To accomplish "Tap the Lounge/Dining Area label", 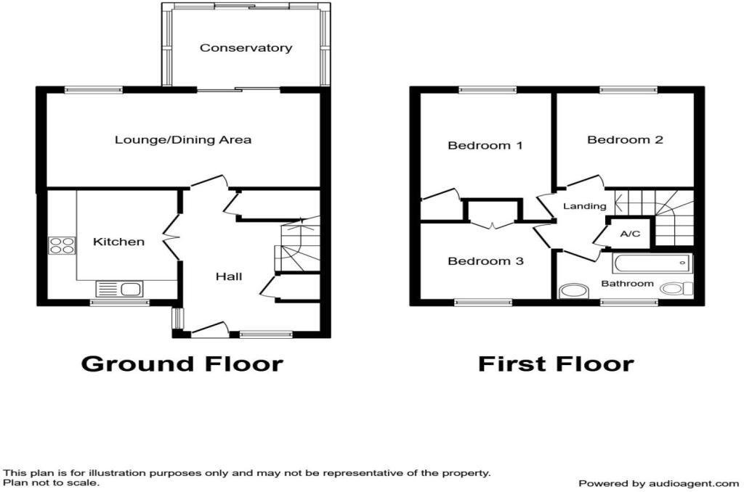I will click(x=183, y=139).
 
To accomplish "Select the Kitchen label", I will click(x=118, y=242).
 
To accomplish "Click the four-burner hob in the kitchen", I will click(x=62, y=245).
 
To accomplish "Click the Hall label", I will click(x=229, y=276).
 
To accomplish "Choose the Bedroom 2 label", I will click(x=625, y=139).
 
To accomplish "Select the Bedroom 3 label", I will click(x=485, y=261).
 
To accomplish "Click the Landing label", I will click(x=585, y=206).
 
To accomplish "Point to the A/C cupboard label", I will click(x=629, y=234).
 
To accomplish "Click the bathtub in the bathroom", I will click(x=652, y=263).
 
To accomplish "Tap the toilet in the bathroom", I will click(x=676, y=289).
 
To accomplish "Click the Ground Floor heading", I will click(x=182, y=363).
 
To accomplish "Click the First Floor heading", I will click(x=556, y=363).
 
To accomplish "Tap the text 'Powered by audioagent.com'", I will click(x=658, y=483).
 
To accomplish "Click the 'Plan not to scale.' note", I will click(x=52, y=482).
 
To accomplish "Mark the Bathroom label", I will click(x=627, y=284).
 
